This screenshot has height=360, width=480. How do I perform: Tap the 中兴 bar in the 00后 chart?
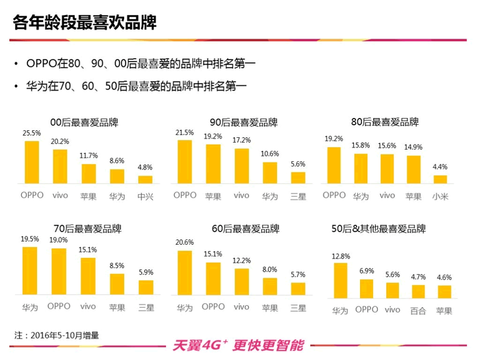pos(145,180)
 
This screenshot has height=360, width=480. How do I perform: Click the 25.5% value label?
pos(32,133)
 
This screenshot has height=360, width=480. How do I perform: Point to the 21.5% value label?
pos(184,132)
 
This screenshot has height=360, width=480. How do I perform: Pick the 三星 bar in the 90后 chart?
pos(298,178)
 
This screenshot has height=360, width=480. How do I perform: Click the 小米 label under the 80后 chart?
pos(440,195)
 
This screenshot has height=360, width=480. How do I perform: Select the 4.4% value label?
pos(440,167)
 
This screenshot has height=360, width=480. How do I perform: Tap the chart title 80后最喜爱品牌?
pos(385,122)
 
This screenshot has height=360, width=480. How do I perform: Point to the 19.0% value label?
pos(59,240)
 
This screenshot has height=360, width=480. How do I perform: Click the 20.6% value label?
pos(184,243)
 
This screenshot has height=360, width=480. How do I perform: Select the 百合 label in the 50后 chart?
pos(418,311)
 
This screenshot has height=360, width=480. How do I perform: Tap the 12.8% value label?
pos(340,256)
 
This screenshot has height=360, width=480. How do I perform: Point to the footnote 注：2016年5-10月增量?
pos(57,335)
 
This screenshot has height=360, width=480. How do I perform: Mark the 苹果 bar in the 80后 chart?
pos(413,170)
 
